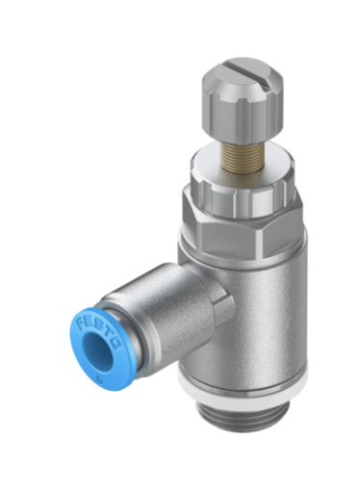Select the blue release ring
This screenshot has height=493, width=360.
coord(82,361)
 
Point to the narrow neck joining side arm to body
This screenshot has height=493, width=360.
coord(218,299)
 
